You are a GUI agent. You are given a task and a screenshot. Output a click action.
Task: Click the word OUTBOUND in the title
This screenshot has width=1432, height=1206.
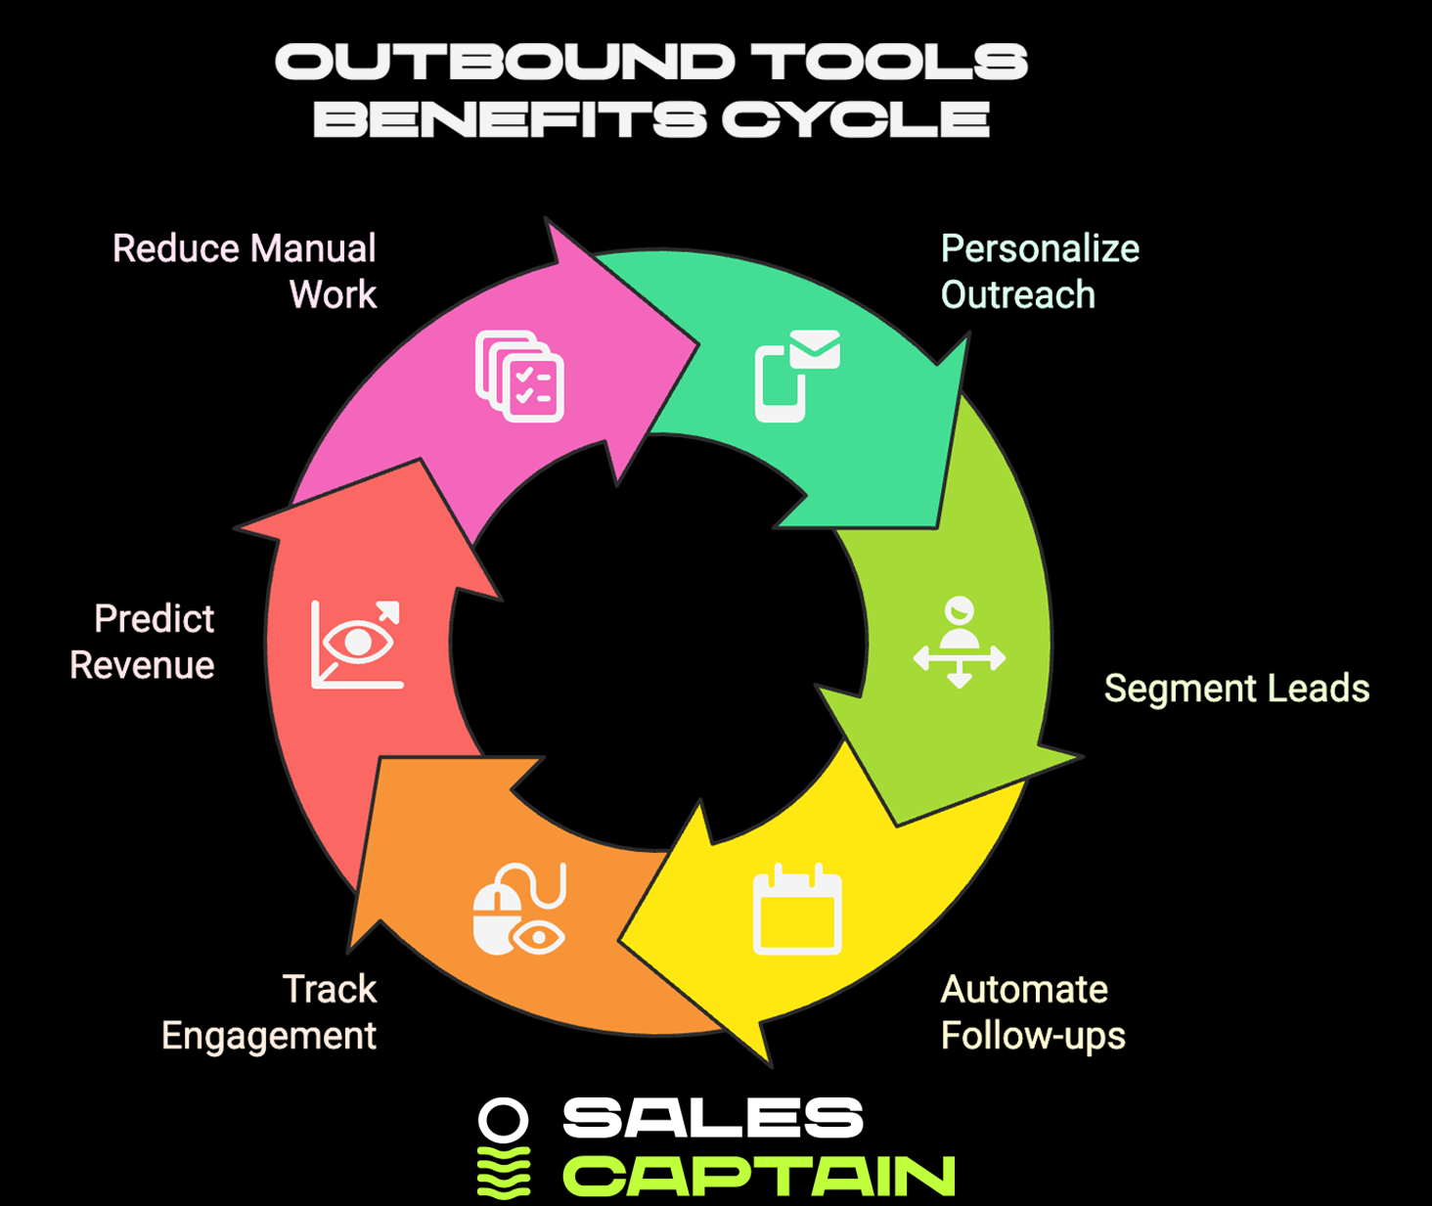505,61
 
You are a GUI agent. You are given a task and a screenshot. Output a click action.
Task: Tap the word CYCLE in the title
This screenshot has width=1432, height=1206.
856,118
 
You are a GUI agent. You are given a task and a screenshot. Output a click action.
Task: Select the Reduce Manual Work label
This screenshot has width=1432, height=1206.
245,271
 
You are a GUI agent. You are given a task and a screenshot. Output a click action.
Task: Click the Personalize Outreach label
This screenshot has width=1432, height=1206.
1040,271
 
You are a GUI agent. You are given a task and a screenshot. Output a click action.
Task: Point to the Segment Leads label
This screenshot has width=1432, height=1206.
1236,688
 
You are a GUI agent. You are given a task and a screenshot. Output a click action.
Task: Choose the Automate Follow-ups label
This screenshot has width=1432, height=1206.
1033,1012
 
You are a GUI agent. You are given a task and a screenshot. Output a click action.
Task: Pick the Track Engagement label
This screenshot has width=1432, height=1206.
269,1012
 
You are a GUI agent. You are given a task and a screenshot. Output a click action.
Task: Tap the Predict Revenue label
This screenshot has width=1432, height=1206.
143,642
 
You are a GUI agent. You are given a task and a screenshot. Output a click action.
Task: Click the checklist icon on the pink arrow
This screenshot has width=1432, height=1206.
519,376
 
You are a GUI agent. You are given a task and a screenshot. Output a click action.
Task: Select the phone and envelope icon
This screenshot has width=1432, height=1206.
797,376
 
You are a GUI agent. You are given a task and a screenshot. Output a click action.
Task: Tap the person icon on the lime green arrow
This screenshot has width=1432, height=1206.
959,642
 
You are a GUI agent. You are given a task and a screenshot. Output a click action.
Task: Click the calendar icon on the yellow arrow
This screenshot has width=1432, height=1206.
797,909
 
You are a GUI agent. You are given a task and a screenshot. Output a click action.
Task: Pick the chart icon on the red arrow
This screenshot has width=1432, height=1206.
357,645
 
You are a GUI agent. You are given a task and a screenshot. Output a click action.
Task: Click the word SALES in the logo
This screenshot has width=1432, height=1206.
712,1118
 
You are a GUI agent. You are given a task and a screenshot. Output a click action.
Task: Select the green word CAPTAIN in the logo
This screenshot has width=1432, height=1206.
759,1176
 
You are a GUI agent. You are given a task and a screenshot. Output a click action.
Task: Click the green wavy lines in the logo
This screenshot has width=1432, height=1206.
504,1173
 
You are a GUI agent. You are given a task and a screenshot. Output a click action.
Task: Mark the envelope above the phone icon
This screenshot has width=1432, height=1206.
815,349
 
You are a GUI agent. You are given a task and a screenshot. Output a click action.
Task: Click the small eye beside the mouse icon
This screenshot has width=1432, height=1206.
539,937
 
